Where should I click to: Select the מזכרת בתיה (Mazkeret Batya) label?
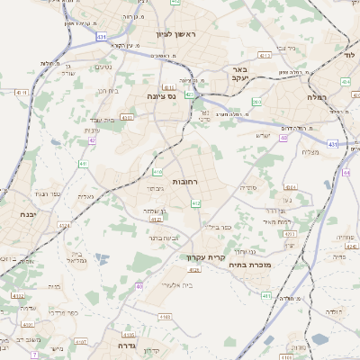pos(263,265)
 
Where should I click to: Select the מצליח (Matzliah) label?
pos(311,152)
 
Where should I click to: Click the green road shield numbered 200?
pos(256,103)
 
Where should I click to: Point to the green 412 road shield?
pos(195,204)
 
